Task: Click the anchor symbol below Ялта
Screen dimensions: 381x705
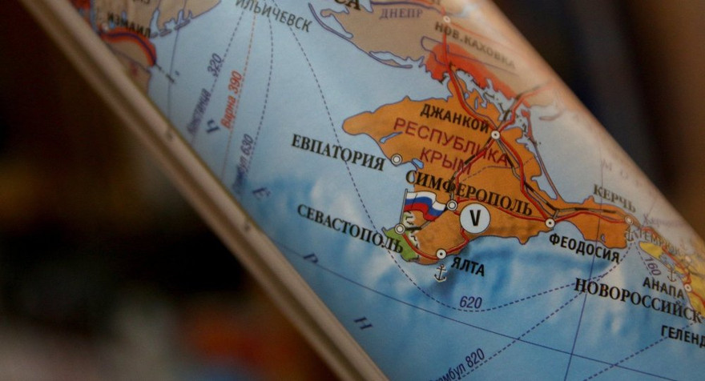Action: click(440, 273)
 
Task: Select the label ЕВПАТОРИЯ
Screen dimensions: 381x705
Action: click(337, 151)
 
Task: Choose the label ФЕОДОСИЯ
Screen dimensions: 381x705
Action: click(584, 247)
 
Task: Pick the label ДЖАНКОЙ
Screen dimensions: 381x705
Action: click(454, 118)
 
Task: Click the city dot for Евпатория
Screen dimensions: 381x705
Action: click(396, 159)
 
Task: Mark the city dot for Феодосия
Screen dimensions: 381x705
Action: click(550, 223)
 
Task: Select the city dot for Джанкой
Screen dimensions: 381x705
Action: click(495, 134)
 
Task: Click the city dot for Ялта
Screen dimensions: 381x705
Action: click(441, 254)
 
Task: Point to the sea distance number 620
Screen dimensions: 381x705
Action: click(471, 302)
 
